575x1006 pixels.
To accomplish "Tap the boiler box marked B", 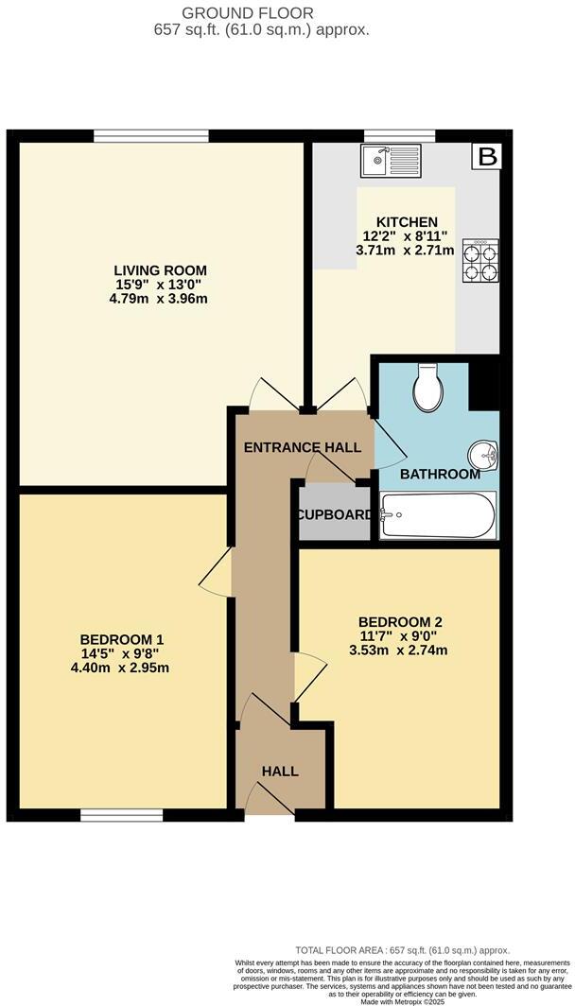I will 487,157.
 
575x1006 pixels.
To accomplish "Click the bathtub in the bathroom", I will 437,515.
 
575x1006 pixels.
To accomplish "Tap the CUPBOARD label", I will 334,515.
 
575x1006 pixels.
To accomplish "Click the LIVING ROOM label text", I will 160,269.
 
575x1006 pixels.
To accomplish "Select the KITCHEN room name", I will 406,222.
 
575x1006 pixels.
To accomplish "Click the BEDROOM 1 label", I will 123,637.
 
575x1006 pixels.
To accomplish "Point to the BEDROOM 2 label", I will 401,621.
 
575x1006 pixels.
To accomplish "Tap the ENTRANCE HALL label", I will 303,447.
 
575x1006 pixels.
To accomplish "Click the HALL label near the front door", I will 280,772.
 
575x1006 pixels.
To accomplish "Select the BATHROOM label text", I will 440,474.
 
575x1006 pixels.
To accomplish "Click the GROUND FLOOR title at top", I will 261,12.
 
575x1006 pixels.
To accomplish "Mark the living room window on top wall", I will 151,135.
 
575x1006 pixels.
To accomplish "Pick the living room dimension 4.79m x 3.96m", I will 160,299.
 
